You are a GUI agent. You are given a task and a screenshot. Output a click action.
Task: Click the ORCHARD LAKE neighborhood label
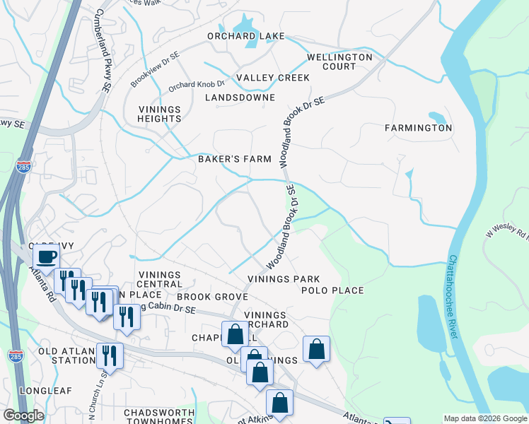click(x=245, y=36)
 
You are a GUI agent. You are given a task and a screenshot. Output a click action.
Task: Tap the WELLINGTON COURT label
click(x=339, y=61)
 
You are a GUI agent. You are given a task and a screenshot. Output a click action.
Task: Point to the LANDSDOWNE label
click(x=240, y=98)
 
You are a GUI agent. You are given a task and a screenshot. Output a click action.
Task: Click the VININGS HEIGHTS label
click(x=159, y=114)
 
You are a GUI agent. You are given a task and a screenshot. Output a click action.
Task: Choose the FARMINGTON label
click(x=418, y=128)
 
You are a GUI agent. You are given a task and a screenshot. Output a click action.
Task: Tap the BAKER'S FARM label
click(x=234, y=159)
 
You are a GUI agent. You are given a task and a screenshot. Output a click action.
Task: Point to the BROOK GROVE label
click(x=209, y=298)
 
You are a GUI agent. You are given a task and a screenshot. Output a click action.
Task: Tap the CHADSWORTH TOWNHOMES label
click(x=158, y=416)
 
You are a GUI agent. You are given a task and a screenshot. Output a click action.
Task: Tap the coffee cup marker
click(x=47, y=257)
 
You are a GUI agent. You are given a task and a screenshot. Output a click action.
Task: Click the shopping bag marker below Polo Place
click(x=316, y=348)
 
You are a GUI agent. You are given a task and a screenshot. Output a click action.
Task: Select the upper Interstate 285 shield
click(x=23, y=166)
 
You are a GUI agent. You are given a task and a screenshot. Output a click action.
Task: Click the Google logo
click(x=23, y=416)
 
